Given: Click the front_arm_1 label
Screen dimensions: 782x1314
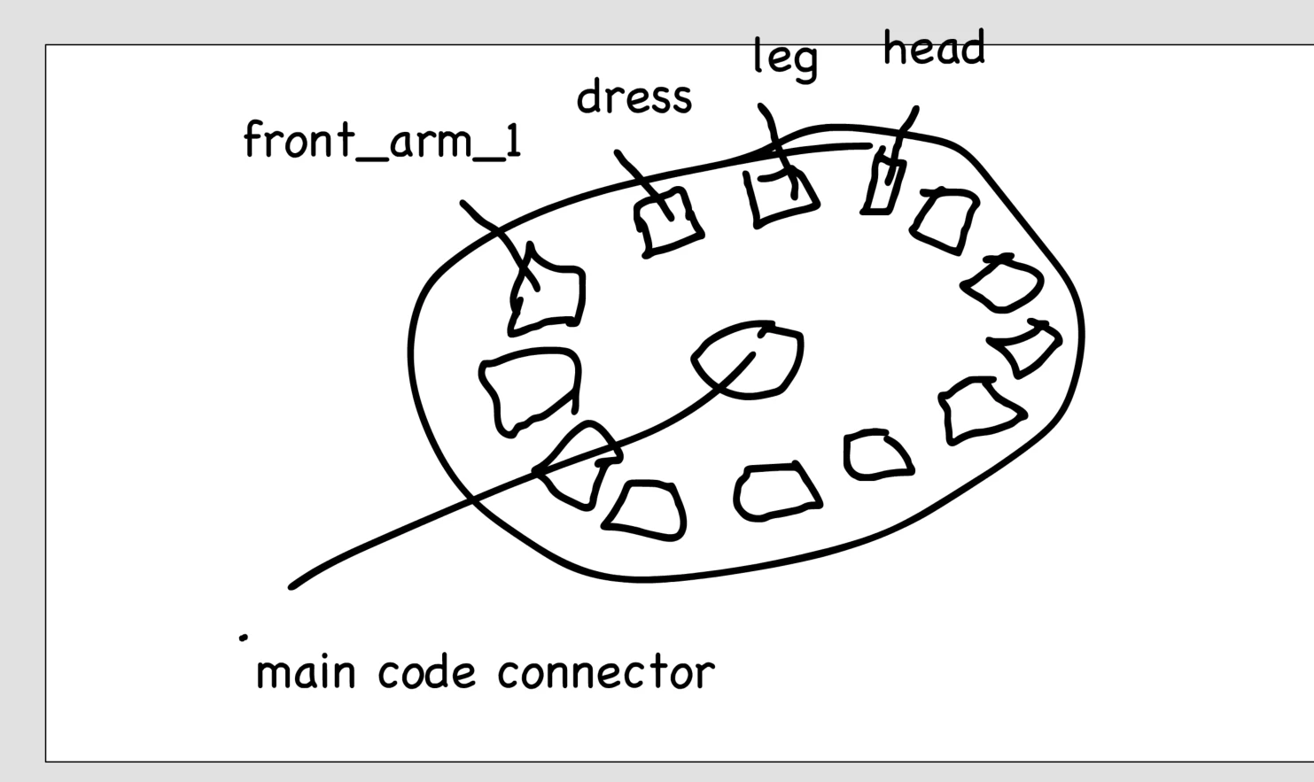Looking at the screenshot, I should pos(382,142).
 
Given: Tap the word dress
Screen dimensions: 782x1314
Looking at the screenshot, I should pos(634,97).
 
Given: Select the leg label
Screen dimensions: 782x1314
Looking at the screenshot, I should pos(785,58).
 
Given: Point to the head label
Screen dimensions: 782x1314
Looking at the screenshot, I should pos(933,50).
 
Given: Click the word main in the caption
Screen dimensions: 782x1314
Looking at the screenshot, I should pos(305,672).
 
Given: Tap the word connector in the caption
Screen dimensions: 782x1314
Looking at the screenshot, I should pos(605,672).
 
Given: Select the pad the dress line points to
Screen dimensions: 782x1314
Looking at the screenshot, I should pos(671,221).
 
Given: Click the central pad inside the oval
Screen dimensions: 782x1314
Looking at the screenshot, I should pos(750,359).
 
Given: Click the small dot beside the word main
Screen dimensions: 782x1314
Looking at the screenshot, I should pos(243,636).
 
